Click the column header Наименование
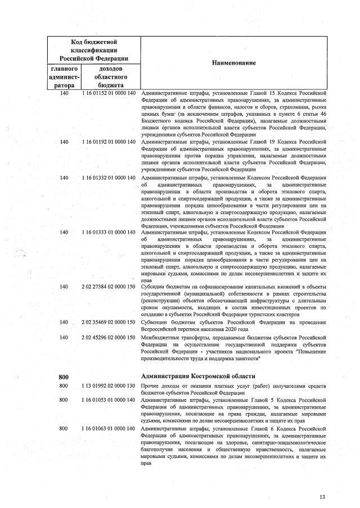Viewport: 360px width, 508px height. (x=233, y=63)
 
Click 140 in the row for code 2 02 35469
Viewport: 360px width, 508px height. (x=64, y=323)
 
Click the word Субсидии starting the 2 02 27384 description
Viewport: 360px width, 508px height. (x=152, y=287)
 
